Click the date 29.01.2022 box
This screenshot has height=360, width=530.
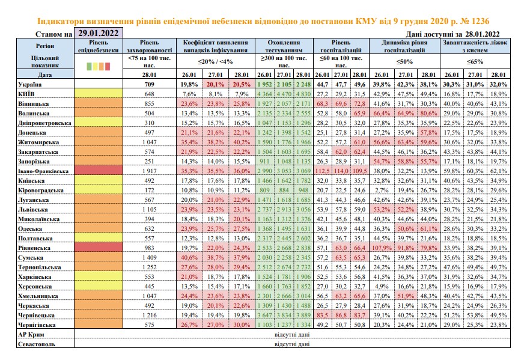point(99,33)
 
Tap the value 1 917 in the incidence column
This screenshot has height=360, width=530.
point(149,171)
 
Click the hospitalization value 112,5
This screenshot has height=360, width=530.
point(322,171)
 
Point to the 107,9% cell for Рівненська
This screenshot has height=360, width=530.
point(382,248)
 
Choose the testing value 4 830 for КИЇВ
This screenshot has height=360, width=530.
point(303,94)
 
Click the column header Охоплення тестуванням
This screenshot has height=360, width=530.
point(284,46)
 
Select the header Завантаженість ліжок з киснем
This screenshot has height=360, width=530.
point(475,46)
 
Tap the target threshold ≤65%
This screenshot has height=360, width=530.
point(475,61)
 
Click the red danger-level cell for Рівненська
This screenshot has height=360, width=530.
point(99,248)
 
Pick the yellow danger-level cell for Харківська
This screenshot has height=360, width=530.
point(99,276)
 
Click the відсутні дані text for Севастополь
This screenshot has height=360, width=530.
point(292,344)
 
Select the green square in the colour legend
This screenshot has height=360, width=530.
point(89,66)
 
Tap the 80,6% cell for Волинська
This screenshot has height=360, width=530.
point(428,113)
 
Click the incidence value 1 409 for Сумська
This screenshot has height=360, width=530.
point(149,258)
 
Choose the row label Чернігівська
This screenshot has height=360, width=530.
point(37,325)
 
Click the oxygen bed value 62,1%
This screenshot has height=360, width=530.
point(498,171)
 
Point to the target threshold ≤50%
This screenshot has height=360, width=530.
point(404,61)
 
